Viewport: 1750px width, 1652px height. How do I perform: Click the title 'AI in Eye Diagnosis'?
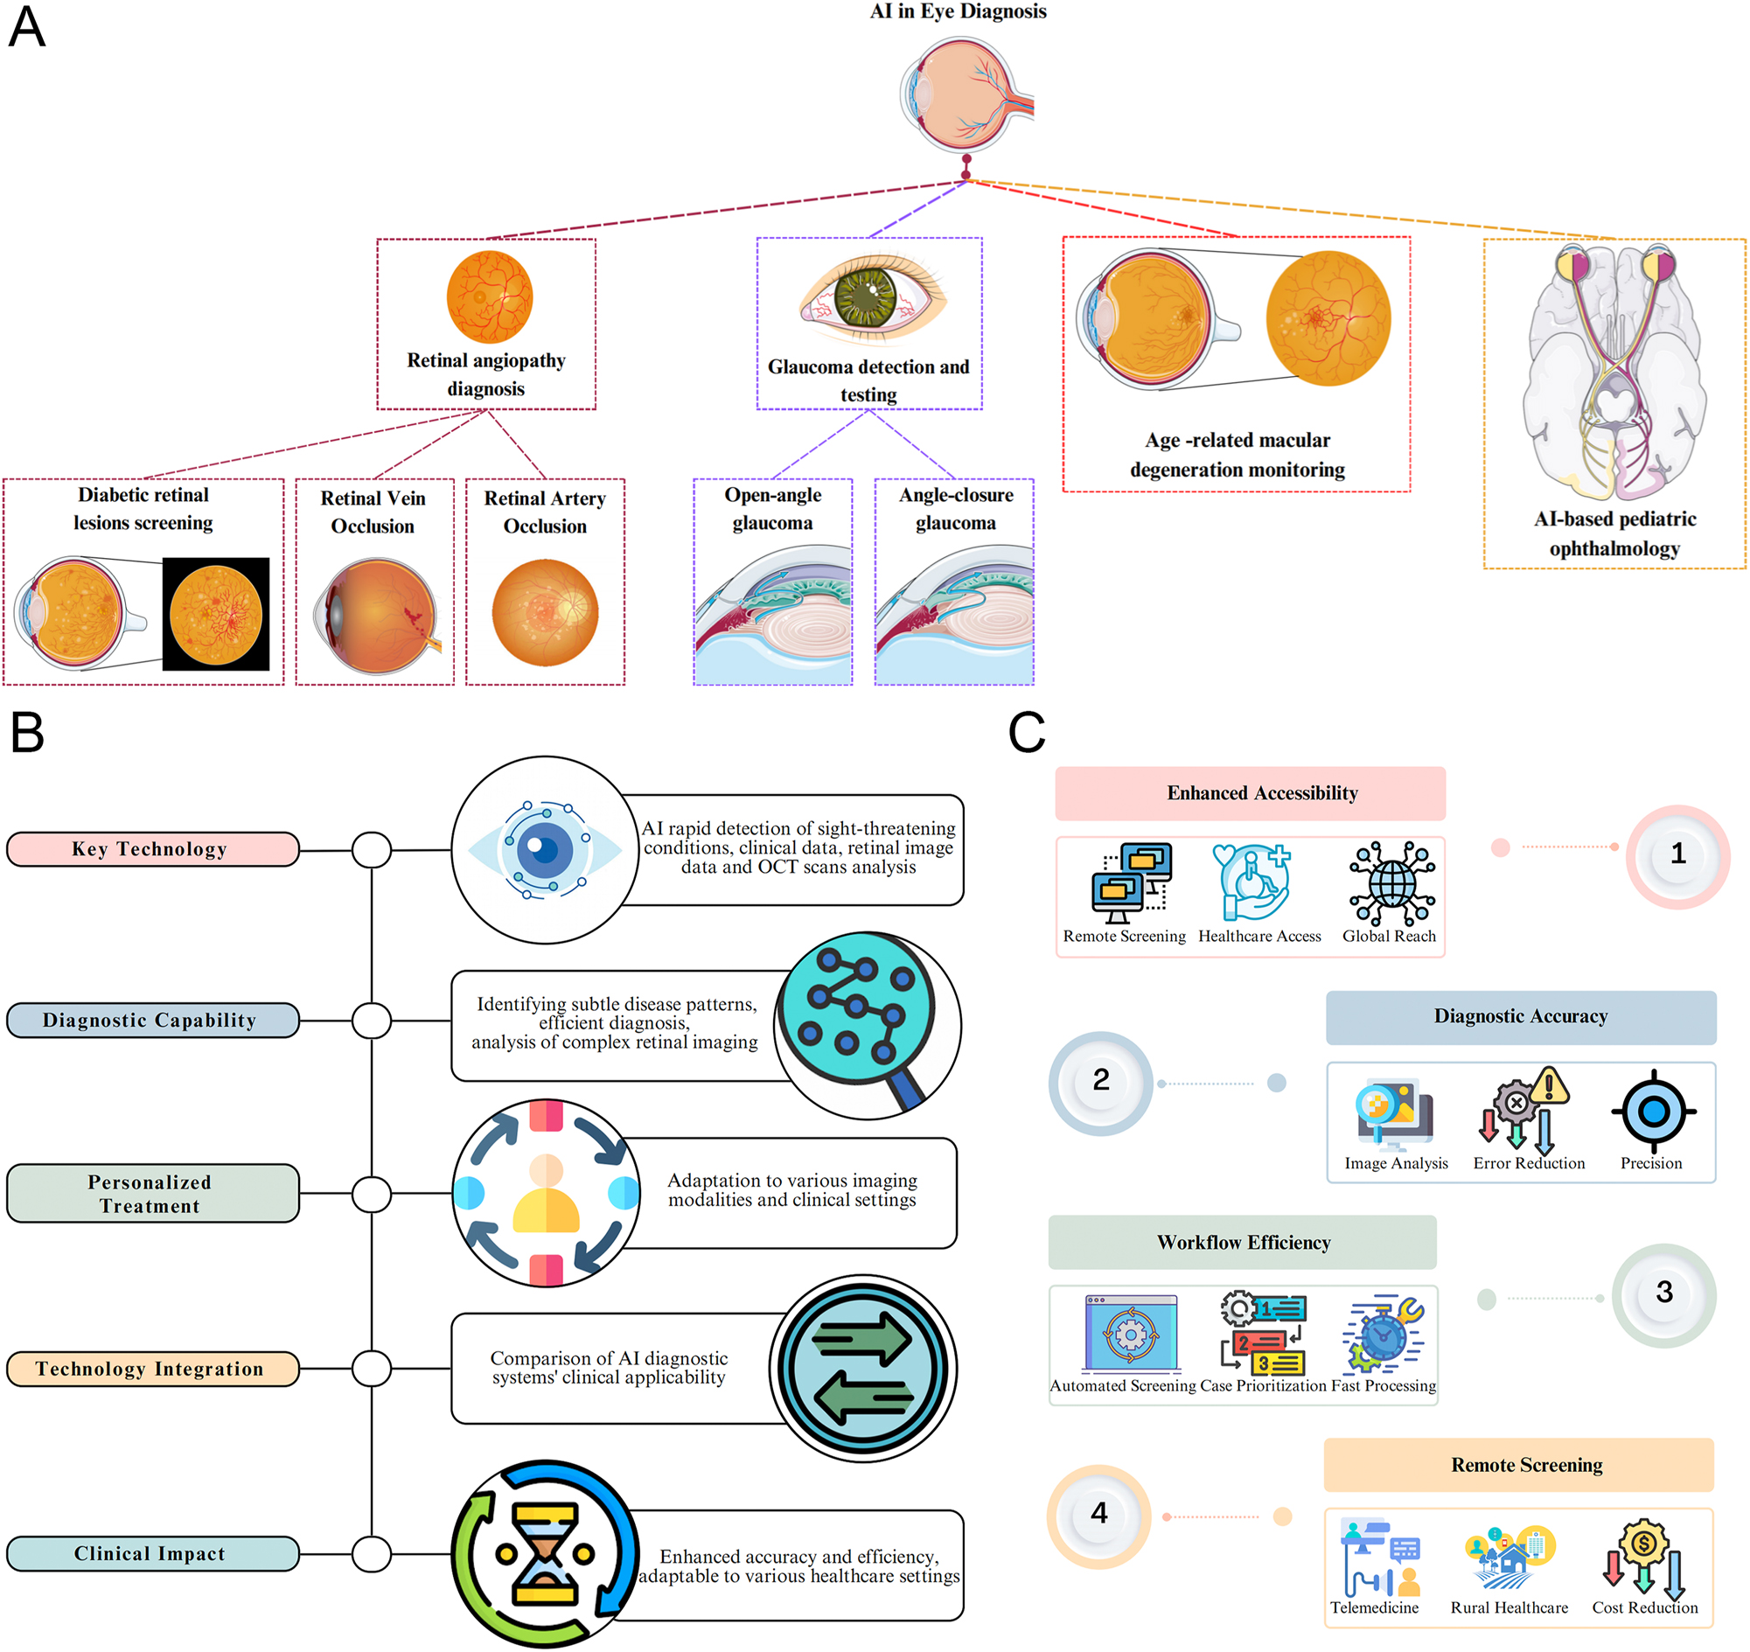pyautogui.click(x=958, y=11)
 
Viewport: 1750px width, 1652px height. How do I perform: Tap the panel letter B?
pyautogui.click(x=27, y=732)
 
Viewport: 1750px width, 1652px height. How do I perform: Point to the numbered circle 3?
pyautogui.click(x=1663, y=1293)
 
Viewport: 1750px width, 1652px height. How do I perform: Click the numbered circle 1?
pyautogui.click(x=1677, y=854)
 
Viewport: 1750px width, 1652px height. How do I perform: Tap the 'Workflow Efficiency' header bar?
pyautogui.click(x=1242, y=1242)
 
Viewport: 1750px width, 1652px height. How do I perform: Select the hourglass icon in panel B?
pyautogui.click(x=545, y=1553)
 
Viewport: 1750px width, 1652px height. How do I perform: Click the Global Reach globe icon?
pyautogui.click(x=1391, y=883)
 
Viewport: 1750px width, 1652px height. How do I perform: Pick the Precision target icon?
pyautogui.click(x=1652, y=1112)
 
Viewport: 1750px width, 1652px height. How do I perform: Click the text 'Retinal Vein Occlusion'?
pyautogui.click(x=373, y=512)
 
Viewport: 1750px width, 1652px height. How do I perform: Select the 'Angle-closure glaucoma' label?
pyautogui.click(x=955, y=508)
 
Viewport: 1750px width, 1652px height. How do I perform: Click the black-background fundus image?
pyautogui.click(x=216, y=615)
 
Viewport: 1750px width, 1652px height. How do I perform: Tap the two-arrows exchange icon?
pyautogui.click(x=862, y=1368)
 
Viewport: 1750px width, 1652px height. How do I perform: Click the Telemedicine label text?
pyautogui.click(x=1373, y=1607)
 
